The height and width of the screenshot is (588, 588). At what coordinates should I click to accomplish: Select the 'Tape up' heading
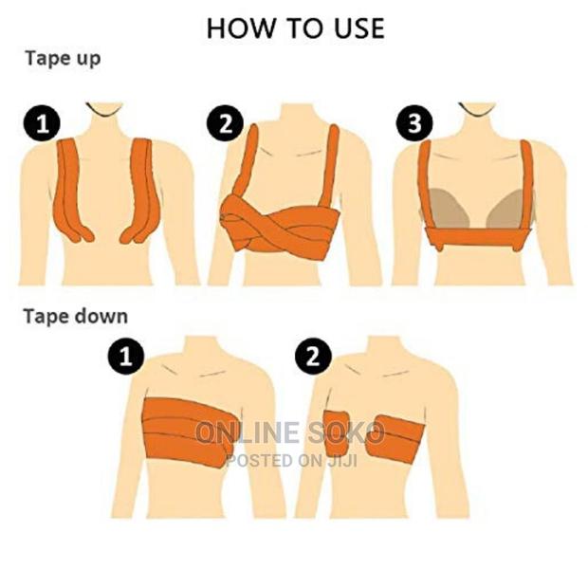coord(62,58)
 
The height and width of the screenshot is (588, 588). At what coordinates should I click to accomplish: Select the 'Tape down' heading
coord(75,316)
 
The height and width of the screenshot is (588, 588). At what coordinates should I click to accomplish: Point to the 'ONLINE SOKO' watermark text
coord(289,433)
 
